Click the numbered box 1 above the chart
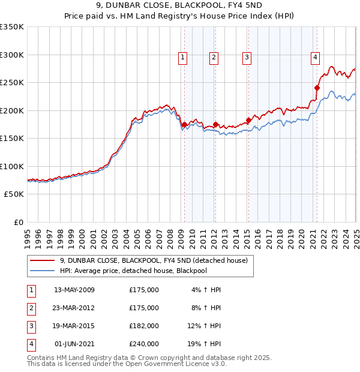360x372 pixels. (182, 58)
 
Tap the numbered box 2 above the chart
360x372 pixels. (214, 58)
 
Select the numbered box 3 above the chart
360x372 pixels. (247, 58)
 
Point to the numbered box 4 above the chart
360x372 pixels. (315, 58)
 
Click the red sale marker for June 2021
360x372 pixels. (317, 88)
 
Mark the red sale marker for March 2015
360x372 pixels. (248, 120)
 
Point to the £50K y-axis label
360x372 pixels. (14, 194)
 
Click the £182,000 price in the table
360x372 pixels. (143, 326)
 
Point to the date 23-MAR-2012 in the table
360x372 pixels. (74, 308)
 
